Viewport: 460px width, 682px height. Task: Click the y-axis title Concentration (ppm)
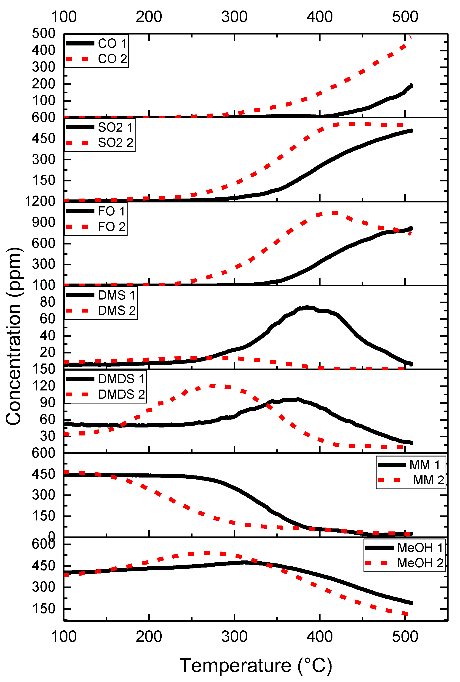13,336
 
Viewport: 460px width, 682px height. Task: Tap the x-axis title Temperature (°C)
256,665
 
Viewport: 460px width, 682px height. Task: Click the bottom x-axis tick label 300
234,637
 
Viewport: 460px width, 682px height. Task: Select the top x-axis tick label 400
319,17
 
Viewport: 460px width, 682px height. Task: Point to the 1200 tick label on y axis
40,201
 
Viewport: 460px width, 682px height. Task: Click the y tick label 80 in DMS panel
48,302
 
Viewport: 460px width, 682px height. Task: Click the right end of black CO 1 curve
411,86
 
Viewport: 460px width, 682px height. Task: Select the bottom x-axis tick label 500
405,637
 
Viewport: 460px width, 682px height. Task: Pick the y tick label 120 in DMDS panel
44,386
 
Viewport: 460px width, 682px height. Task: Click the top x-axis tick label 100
64,17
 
